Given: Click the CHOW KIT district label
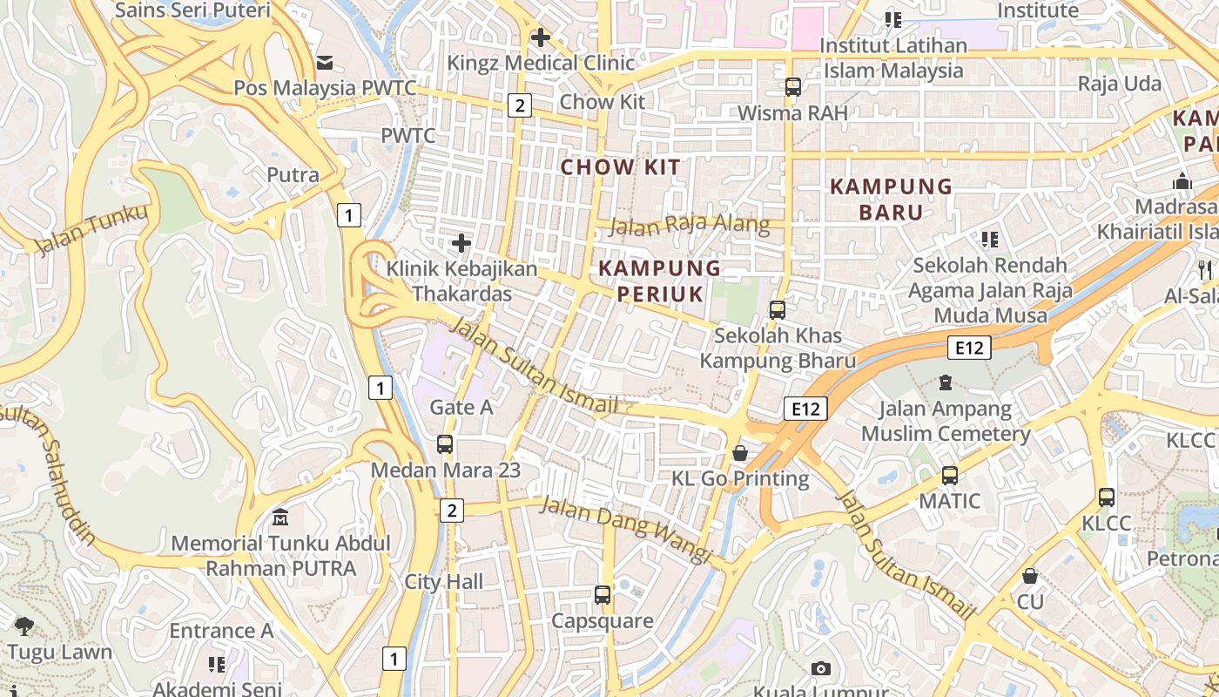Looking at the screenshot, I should pyautogui.click(x=620, y=167).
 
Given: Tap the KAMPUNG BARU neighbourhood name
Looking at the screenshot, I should pyautogui.click(x=891, y=199).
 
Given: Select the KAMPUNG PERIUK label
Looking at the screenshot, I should pyautogui.click(x=660, y=281).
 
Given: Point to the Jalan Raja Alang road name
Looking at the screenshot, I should pyautogui.click(x=690, y=226).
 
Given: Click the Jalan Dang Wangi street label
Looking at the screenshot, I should pyautogui.click(x=626, y=528).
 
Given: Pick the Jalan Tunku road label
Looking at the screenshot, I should pyautogui.click(x=92, y=229).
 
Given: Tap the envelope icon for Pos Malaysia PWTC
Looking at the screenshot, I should pyautogui.click(x=325, y=62).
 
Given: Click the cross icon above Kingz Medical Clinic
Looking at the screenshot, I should pyautogui.click(x=541, y=37).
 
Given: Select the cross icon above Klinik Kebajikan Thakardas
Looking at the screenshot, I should pyautogui.click(x=461, y=243).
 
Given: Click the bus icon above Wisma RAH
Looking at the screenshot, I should pyautogui.click(x=792, y=87).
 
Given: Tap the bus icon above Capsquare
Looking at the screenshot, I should pyautogui.click(x=602, y=595).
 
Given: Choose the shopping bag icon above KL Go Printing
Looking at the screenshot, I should pyautogui.click(x=739, y=453).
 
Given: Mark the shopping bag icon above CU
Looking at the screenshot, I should pyautogui.click(x=1030, y=576).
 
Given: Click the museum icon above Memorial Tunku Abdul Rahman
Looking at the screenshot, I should pyautogui.click(x=280, y=518).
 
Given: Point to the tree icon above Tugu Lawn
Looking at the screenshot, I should pyautogui.click(x=24, y=625).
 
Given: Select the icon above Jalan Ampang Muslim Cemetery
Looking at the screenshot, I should pyautogui.click(x=946, y=382).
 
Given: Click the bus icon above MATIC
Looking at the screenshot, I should pyautogui.click(x=949, y=476).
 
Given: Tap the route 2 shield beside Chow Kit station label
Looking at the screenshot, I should pyautogui.click(x=520, y=105).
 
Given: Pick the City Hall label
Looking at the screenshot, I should pyautogui.click(x=443, y=582).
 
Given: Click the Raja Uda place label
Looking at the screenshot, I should pyautogui.click(x=1120, y=84).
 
